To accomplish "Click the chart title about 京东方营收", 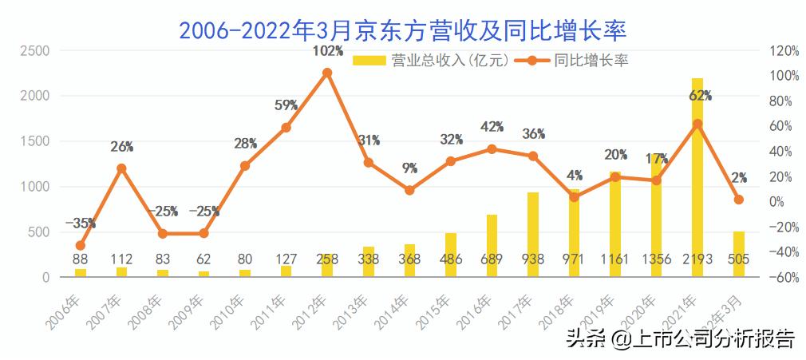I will pos(403,30).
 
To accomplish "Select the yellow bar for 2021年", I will pos(697,177).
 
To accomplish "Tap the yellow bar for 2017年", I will pos(533,234).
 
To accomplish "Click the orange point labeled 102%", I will pos(327,73).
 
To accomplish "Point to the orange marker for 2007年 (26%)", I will pos(121,168).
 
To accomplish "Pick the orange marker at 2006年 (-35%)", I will pos(80,246).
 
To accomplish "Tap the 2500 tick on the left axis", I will pos(35,50).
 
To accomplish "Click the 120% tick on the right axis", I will pos(784,50).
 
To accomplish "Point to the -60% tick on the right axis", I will pos(784,278).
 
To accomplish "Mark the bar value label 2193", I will pos(697,259).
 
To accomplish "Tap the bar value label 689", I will pos(492,259).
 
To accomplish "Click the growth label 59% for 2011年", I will pos(286,105).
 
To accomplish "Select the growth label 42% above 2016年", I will pos(492,127).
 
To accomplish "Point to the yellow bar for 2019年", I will pos(615,224).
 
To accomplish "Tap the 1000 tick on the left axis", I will pos(35,187).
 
